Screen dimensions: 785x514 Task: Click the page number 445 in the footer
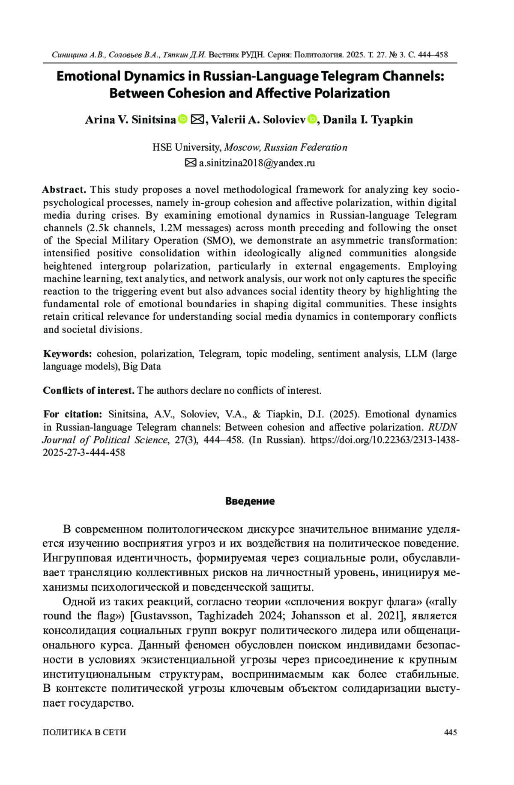(x=450, y=732)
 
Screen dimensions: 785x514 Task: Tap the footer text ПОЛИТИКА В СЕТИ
(x=84, y=732)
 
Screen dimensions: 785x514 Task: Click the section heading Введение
(x=250, y=501)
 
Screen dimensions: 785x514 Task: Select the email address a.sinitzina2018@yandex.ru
(x=257, y=163)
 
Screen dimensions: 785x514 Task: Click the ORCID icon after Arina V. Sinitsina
(x=182, y=119)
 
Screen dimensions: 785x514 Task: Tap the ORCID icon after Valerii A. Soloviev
(x=311, y=119)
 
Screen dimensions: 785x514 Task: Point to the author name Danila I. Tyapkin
(x=368, y=120)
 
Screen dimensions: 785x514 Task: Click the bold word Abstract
(x=64, y=190)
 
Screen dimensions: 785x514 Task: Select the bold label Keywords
(x=68, y=354)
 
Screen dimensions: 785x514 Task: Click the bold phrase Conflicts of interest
(x=89, y=390)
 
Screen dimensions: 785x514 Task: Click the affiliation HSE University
(x=187, y=148)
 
